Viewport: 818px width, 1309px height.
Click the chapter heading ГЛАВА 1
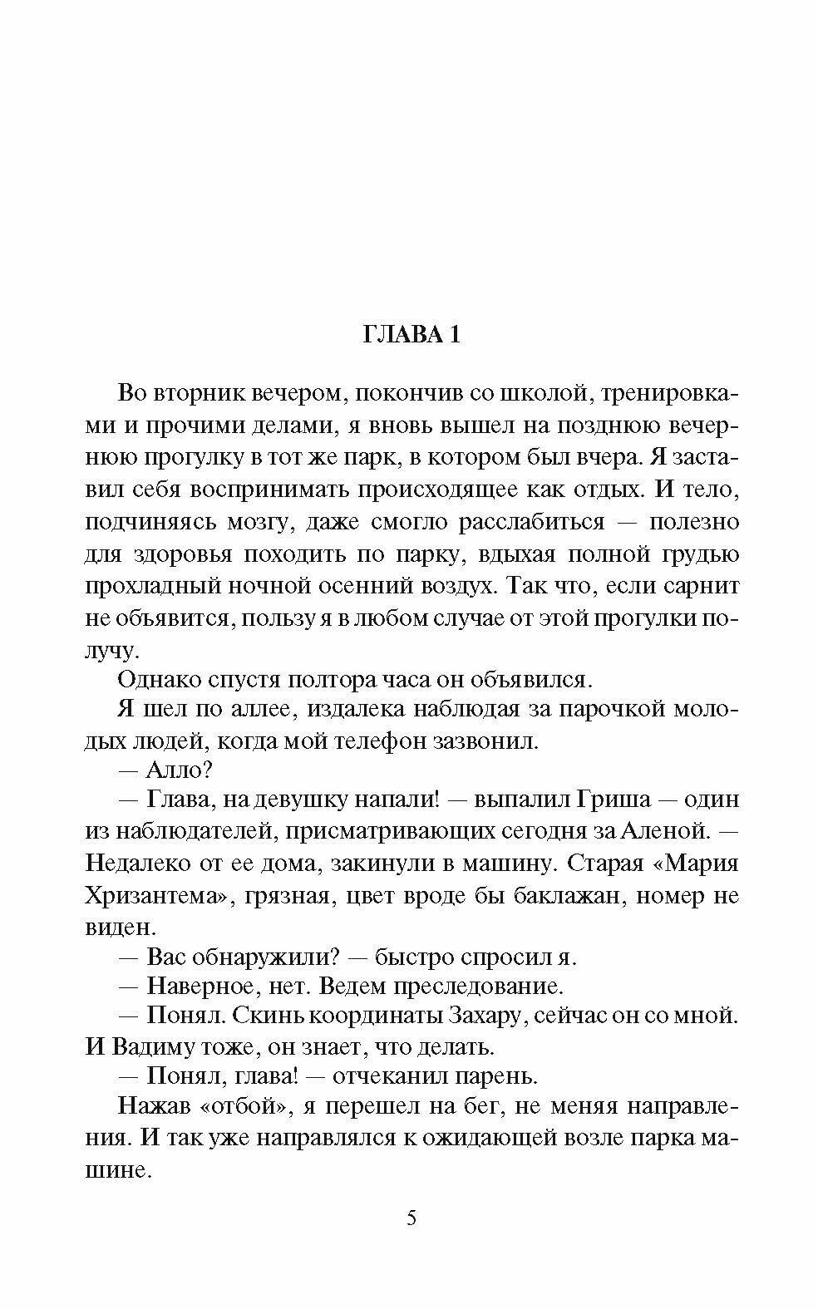(x=411, y=334)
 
